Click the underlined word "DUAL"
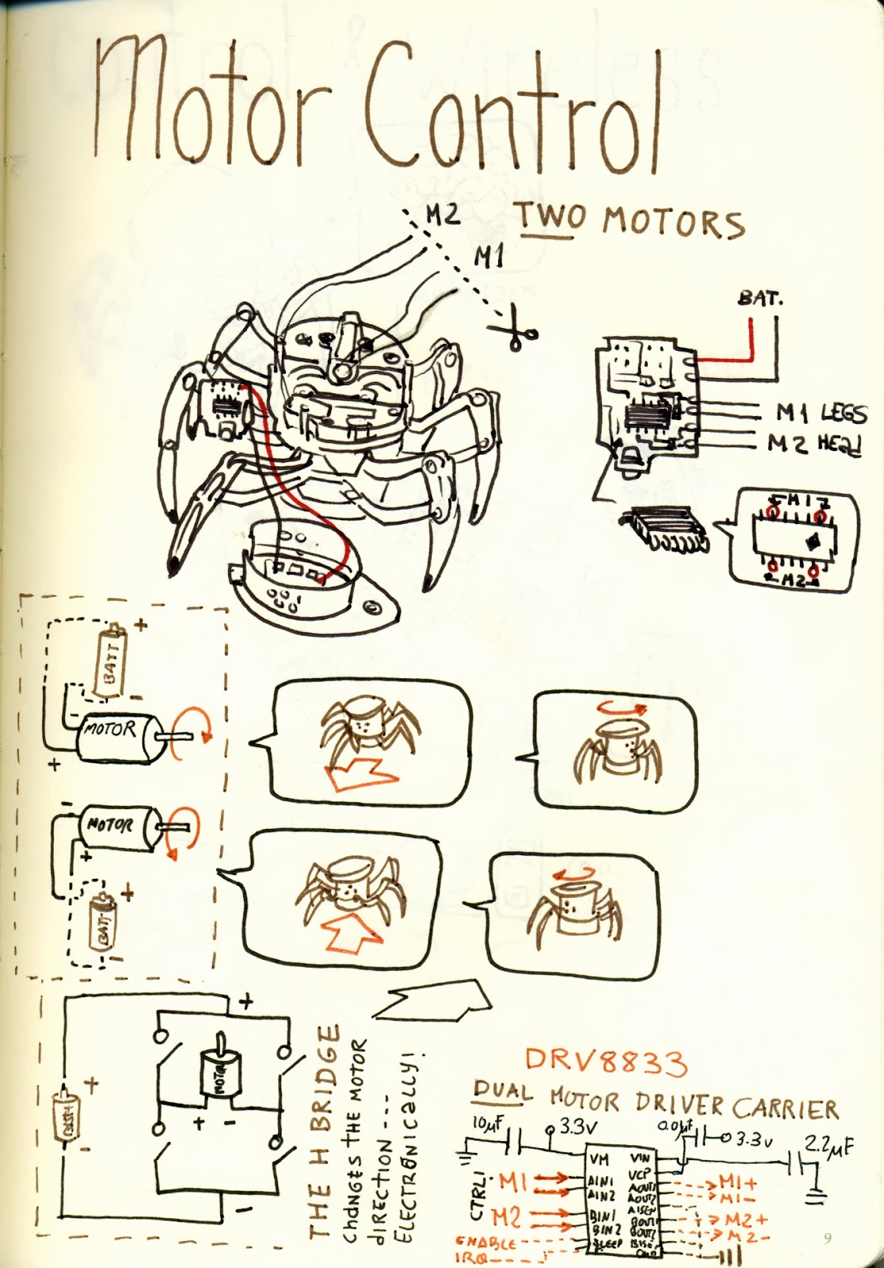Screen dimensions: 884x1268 coord(503,1092)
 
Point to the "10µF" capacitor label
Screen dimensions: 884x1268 coord(489,1124)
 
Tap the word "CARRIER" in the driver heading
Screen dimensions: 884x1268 coord(784,1107)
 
